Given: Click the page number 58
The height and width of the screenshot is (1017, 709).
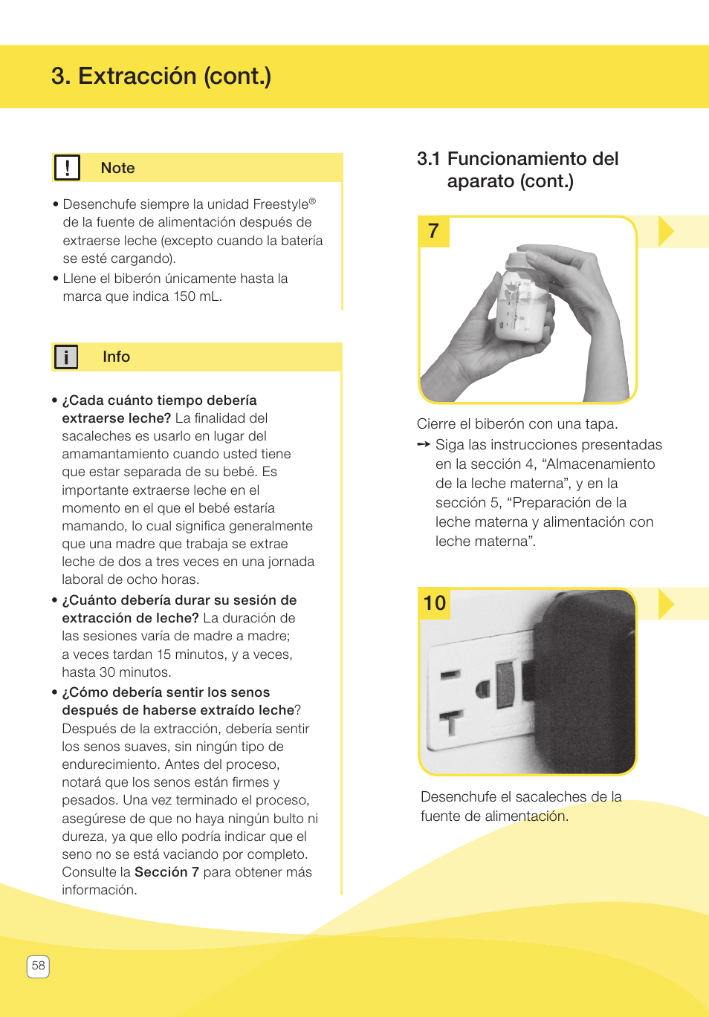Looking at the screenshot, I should click(38, 966).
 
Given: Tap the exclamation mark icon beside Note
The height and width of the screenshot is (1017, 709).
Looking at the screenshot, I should click(67, 168).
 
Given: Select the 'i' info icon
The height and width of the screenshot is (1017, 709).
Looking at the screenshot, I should click(66, 357).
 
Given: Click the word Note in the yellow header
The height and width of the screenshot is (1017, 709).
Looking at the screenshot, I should click(117, 169).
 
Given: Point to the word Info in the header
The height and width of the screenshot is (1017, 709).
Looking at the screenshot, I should click(116, 357).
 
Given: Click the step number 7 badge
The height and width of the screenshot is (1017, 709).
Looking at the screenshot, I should click(434, 231).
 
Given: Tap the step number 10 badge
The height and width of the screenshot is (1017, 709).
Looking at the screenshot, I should click(435, 602).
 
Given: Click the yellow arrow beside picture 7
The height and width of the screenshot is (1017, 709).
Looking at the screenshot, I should click(666, 231).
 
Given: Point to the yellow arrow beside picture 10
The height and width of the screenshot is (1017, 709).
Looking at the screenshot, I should click(666, 603).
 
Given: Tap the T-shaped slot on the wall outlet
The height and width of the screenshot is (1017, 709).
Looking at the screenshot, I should click(451, 721).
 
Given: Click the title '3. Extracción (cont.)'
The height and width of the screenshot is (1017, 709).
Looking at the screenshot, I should click(161, 77).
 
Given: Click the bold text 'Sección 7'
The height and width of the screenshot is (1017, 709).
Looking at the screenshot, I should click(166, 872).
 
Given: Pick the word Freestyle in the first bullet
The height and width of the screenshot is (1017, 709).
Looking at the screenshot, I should click(280, 204).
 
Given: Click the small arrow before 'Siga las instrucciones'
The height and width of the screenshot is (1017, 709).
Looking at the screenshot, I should click(424, 444).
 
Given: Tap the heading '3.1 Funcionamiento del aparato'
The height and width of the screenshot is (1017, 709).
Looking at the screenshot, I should click(517, 169).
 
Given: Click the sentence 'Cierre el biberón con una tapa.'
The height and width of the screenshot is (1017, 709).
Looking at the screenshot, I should click(517, 424).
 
